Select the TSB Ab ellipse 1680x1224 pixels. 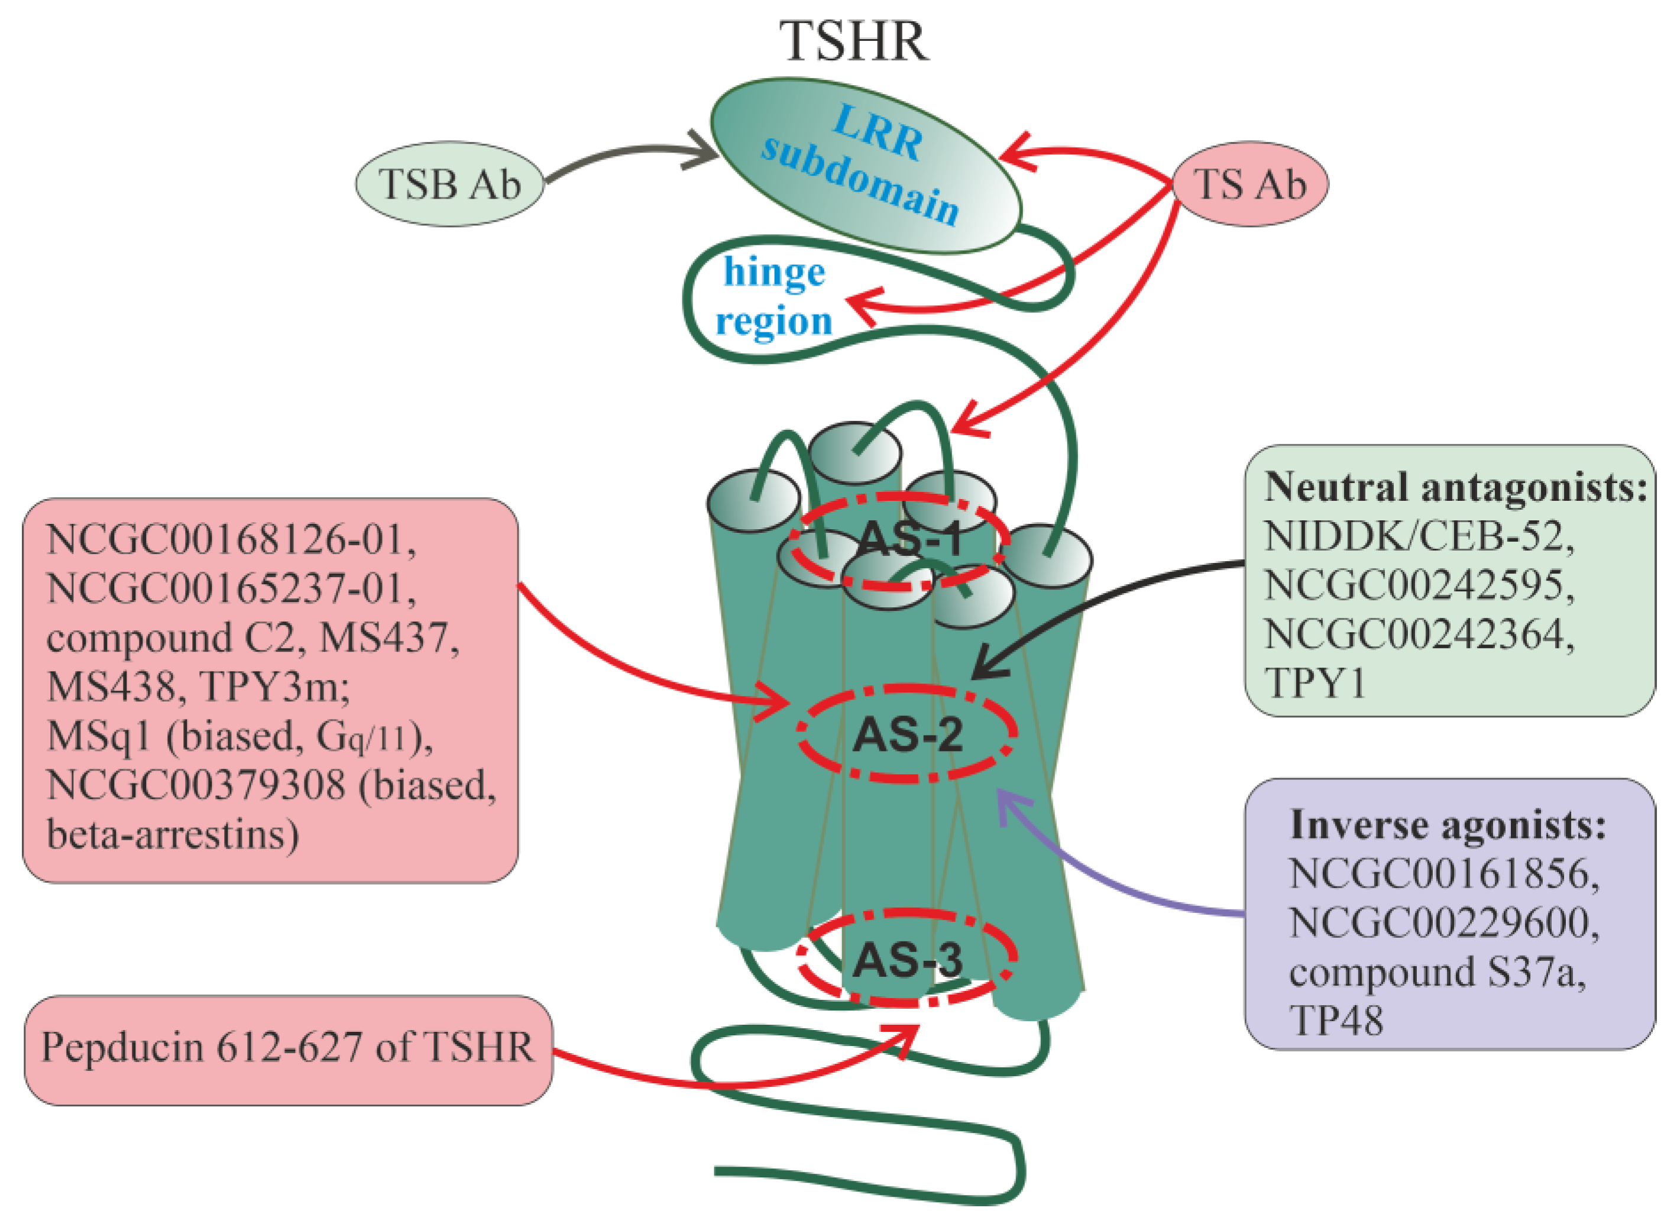450,184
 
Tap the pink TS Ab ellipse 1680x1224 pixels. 1250,184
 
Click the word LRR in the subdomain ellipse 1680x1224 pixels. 878,134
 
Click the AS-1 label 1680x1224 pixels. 910,539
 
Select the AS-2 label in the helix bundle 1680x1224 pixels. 907,735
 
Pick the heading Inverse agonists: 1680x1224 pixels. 1448,825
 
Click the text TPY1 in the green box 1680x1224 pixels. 1315,683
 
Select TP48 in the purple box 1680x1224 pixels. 1336,1021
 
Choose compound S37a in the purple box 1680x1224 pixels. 1437,972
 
